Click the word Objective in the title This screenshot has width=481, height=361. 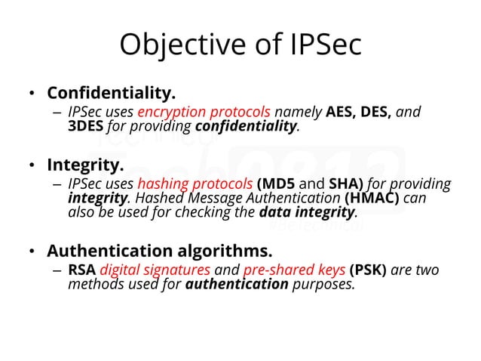point(176,46)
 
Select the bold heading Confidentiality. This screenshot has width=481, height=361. point(111,94)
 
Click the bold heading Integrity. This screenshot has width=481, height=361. point(85,165)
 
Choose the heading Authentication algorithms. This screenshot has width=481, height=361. point(159,250)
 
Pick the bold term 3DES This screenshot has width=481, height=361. point(85,126)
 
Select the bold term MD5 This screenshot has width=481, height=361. point(282,184)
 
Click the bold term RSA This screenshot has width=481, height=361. point(81,270)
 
